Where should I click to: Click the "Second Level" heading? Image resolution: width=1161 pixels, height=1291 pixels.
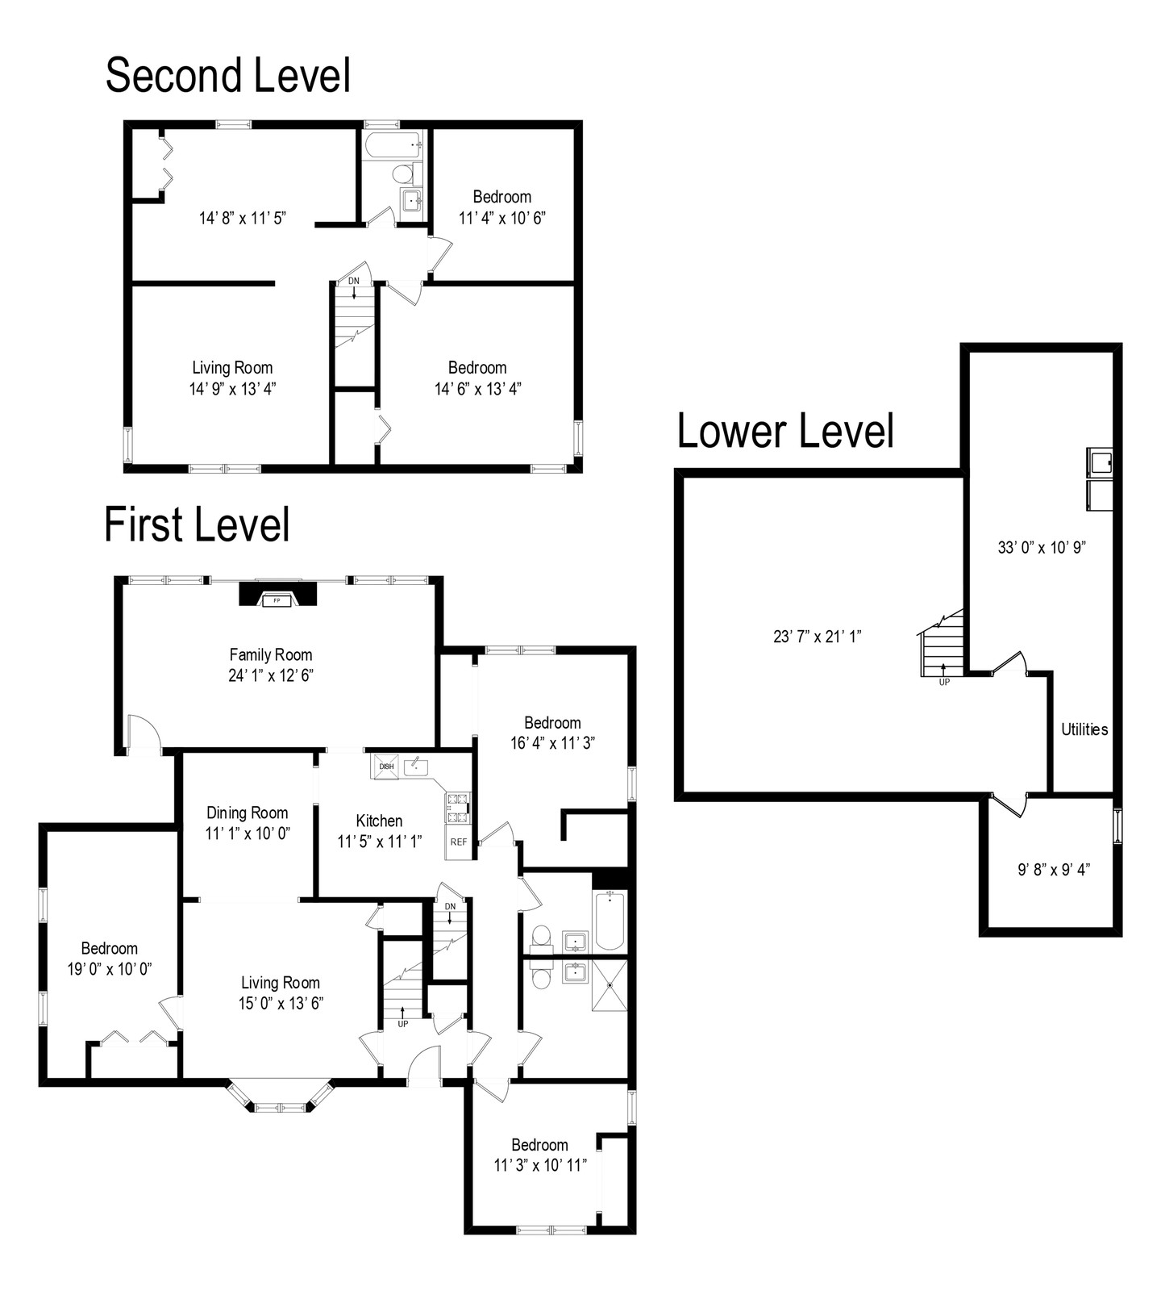[228, 76]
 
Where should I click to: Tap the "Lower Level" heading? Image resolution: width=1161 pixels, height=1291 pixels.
[785, 431]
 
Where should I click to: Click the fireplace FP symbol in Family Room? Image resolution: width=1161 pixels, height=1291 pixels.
[277, 600]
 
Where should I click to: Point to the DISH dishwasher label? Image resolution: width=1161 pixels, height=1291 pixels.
[386, 767]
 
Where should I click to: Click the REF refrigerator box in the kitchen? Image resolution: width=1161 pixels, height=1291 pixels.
[459, 842]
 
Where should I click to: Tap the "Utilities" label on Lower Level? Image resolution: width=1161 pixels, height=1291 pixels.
[1084, 729]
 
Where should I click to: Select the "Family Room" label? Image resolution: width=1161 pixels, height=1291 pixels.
[271, 655]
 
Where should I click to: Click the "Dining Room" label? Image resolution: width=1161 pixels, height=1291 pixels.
[247, 813]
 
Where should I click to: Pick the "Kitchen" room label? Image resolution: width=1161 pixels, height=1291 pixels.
[379, 821]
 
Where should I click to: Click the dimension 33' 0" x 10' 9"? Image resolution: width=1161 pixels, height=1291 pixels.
[1042, 547]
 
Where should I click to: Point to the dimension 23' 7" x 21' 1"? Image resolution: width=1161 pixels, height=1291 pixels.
[818, 636]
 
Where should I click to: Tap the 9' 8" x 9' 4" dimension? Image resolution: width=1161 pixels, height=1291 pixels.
[1054, 870]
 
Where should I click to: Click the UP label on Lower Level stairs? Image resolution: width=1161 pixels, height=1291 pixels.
[944, 682]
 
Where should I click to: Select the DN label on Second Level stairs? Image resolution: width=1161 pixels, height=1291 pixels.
[354, 281]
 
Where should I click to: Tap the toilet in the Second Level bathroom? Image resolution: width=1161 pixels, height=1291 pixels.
[402, 173]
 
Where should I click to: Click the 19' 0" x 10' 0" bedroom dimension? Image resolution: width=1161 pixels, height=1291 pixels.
[109, 968]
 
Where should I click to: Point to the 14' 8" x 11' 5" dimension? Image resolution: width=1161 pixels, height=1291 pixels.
[243, 218]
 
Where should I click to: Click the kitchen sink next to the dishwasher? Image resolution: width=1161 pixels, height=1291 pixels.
[416, 765]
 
